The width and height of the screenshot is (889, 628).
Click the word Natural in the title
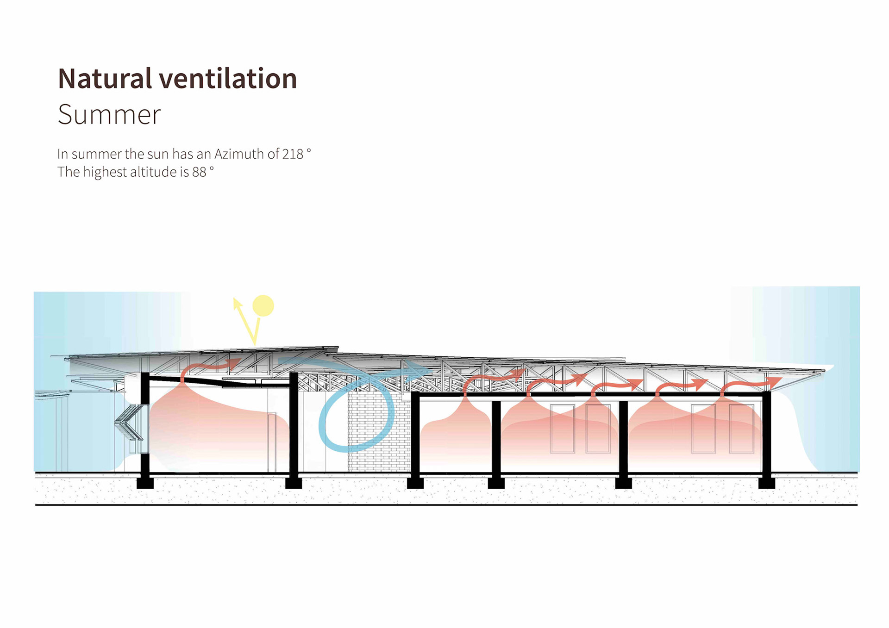(105, 78)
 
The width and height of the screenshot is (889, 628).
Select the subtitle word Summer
(109, 114)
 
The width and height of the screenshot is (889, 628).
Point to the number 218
(292, 154)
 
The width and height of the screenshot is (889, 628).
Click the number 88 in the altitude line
(199, 172)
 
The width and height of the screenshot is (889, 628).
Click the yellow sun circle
(263, 306)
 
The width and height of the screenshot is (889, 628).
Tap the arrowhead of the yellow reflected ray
(237, 303)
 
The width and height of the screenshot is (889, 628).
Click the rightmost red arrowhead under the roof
(774, 382)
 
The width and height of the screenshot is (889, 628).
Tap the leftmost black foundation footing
(145, 483)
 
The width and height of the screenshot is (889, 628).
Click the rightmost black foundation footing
(766, 483)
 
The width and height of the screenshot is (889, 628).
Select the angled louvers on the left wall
(130, 422)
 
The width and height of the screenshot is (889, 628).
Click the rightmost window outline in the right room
(741, 428)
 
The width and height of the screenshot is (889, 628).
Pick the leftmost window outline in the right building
(562, 428)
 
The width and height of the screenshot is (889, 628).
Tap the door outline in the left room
(272, 442)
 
